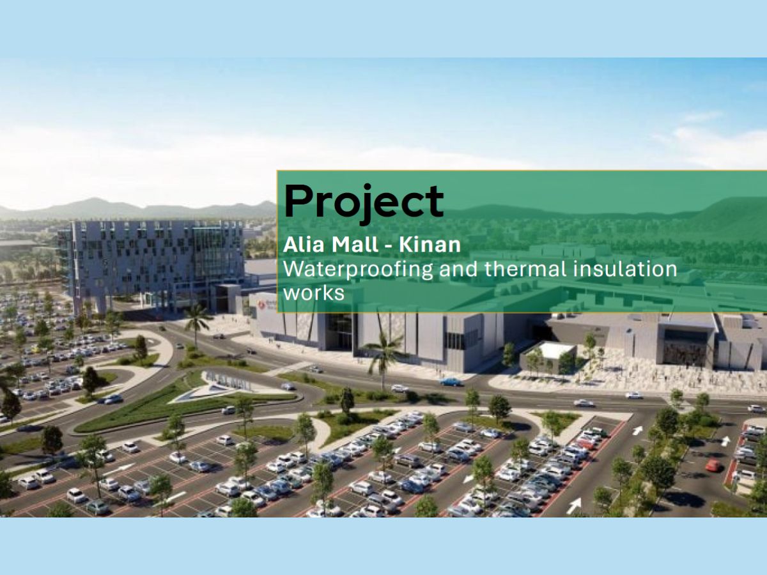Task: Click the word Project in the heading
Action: click(x=364, y=203)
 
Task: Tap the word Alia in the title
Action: click(x=304, y=245)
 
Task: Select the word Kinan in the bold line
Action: click(x=430, y=245)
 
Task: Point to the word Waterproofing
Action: click(x=358, y=270)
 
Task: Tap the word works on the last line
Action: click(x=314, y=293)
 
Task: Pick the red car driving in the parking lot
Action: click(x=713, y=464)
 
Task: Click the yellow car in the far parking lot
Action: click(x=35, y=349)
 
